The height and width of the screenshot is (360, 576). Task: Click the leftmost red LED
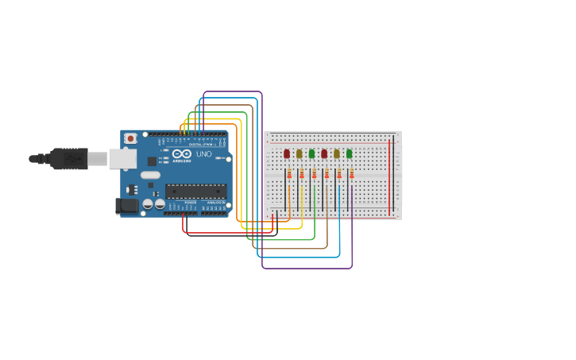pyautogui.click(x=287, y=153)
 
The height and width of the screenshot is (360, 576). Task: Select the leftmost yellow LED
pyautogui.click(x=300, y=153)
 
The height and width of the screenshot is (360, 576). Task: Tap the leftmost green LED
pyautogui.click(x=311, y=153)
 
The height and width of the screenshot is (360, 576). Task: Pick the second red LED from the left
pyautogui.click(x=324, y=153)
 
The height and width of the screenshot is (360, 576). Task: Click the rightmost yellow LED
pyautogui.click(x=336, y=153)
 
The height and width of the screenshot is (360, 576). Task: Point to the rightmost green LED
pyautogui.click(x=349, y=153)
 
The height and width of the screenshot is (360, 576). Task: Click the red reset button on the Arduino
pyautogui.click(x=130, y=138)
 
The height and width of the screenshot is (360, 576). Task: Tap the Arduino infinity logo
pyautogui.click(x=182, y=154)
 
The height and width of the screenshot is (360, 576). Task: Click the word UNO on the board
pyautogui.click(x=203, y=154)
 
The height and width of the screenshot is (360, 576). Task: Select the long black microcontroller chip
pyautogui.click(x=195, y=191)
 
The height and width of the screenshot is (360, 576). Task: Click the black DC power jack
pyautogui.click(x=127, y=206)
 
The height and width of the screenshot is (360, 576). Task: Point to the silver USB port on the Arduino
pyautogui.click(x=122, y=159)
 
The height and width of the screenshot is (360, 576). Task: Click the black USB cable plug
pyautogui.click(x=69, y=159)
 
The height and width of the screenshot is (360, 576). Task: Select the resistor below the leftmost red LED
pyautogui.click(x=289, y=174)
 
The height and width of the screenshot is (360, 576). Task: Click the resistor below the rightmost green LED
pyautogui.click(x=351, y=174)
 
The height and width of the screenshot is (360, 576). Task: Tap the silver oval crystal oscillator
pyautogui.click(x=151, y=175)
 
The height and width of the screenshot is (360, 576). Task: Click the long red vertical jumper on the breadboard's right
pyautogui.click(x=389, y=175)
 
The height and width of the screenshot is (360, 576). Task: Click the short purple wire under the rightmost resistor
pyautogui.click(x=352, y=199)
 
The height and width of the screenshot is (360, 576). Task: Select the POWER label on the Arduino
pyautogui.click(x=191, y=203)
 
